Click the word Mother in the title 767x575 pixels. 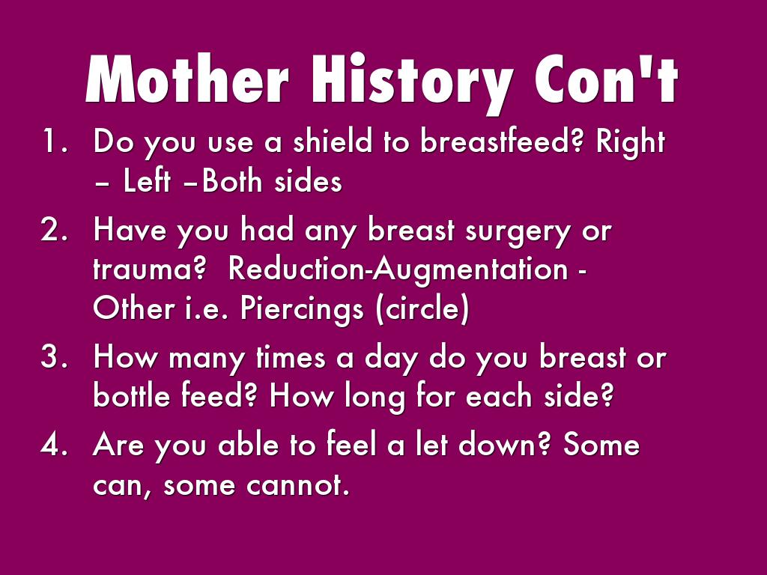pyautogui.click(x=187, y=78)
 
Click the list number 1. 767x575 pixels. pyautogui.click(x=55, y=141)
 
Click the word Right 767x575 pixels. pyautogui.click(x=631, y=144)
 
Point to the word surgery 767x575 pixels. pyautogui.click(x=518, y=232)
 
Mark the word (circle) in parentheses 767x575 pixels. pyautogui.click(x=422, y=309)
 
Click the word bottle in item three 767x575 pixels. pyautogui.click(x=132, y=395)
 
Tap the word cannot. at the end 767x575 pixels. pyautogui.click(x=298, y=485)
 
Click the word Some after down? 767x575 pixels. pyautogui.click(x=601, y=444)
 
